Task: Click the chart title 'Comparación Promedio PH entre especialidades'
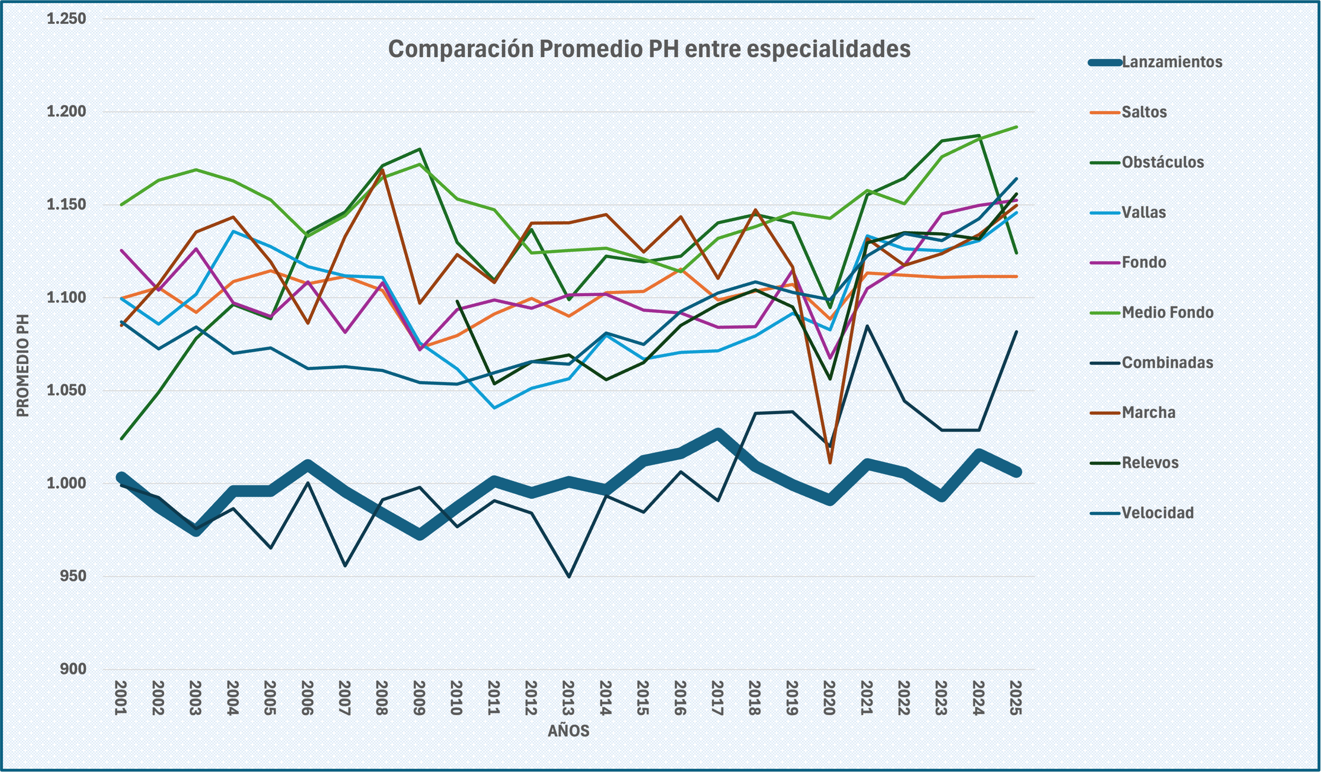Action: (x=649, y=49)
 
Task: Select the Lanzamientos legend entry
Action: (x=1171, y=62)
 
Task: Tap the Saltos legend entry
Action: (x=1144, y=112)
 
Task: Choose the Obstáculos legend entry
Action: (x=1162, y=162)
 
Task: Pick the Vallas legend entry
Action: (x=1143, y=212)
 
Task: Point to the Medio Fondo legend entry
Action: (x=1167, y=312)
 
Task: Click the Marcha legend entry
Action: (x=1148, y=412)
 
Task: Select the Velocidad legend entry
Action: (x=1157, y=513)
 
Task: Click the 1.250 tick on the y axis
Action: (x=66, y=19)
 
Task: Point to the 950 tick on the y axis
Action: (x=73, y=576)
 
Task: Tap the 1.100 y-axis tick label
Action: (x=66, y=297)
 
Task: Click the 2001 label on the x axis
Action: (x=121, y=698)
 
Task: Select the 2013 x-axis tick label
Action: (x=568, y=698)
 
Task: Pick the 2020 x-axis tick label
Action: (x=829, y=698)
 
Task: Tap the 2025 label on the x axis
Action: (x=1016, y=698)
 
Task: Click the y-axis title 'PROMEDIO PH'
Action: (x=22, y=365)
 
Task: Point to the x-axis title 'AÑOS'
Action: (x=568, y=731)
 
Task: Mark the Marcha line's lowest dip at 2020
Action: (x=830, y=463)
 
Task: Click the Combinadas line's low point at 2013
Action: (x=569, y=576)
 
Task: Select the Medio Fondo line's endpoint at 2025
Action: (x=1017, y=127)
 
